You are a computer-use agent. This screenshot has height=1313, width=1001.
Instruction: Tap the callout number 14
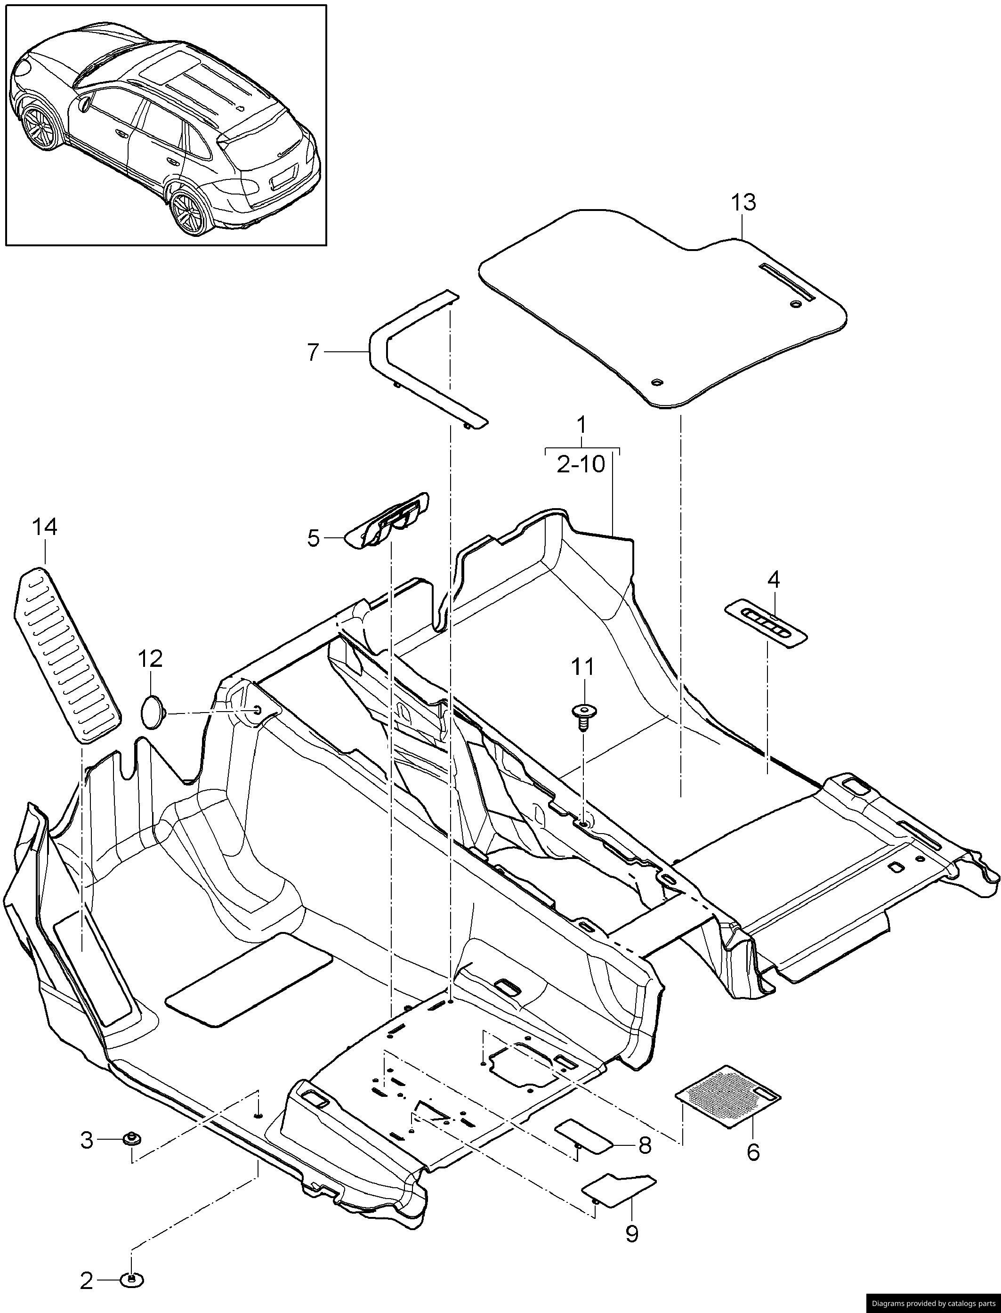click(45, 527)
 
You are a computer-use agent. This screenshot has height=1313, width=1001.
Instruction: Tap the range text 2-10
click(581, 464)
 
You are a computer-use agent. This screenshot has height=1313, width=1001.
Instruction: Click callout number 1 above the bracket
click(581, 426)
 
